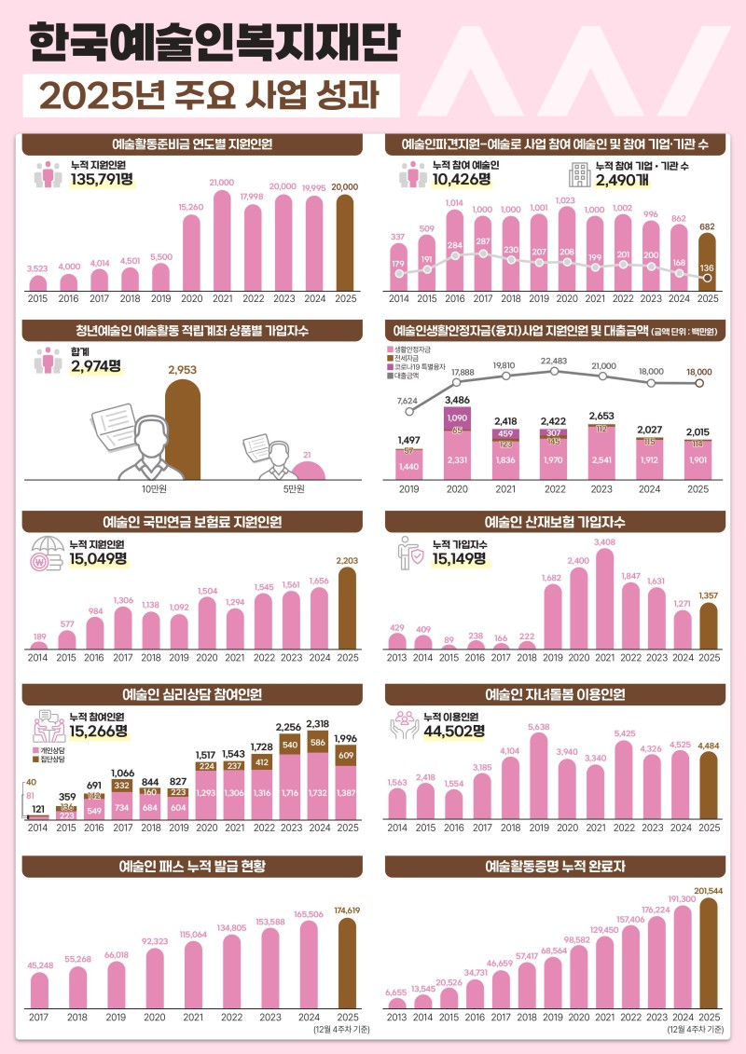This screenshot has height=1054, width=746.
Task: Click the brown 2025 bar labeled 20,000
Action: pyautogui.click(x=345, y=244)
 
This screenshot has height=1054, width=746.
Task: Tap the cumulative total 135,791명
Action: pyautogui.click(x=103, y=182)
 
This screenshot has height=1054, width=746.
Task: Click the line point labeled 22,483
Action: pyautogui.click(x=554, y=371)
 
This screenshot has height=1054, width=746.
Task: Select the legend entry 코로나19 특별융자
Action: pyautogui.click(x=419, y=367)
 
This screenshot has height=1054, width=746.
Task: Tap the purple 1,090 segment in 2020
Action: pyautogui.click(x=457, y=414)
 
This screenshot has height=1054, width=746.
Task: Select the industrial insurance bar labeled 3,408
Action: pyautogui.click(x=604, y=598)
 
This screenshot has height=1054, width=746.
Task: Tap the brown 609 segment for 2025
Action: pyautogui.click(x=346, y=755)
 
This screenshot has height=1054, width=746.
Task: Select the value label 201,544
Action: pyautogui.click(x=708, y=890)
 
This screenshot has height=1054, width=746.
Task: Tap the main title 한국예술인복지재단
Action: pyautogui.click(x=214, y=42)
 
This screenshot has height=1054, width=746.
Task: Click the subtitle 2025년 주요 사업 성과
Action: pyautogui.click(x=212, y=96)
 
